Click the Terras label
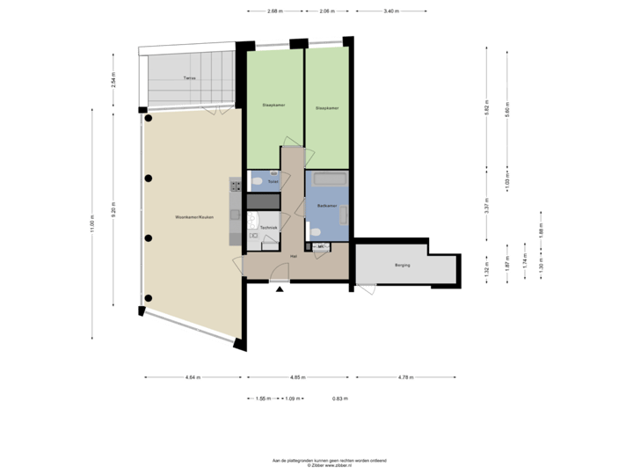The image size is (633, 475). pyautogui.click(x=188, y=78)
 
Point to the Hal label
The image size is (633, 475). pyautogui.click(x=293, y=256)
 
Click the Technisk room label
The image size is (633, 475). pyautogui.click(x=267, y=227)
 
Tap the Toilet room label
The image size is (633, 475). pyautogui.click(x=273, y=182)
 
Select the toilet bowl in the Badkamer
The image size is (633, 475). pyautogui.click(x=315, y=233)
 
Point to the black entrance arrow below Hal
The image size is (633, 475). pyautogui.click(x=280, y=289)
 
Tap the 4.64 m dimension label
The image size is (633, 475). pyautogui.click(x=193, y=377)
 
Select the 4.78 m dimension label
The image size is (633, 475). pyautogui.click(x=405, y=377)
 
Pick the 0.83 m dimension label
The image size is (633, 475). pyautogui.click(x=338, y=398)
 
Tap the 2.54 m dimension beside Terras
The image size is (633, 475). pyautogui.click(x=113, y=81)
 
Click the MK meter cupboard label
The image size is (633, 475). pyautogui.click(x=321, y=245)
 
